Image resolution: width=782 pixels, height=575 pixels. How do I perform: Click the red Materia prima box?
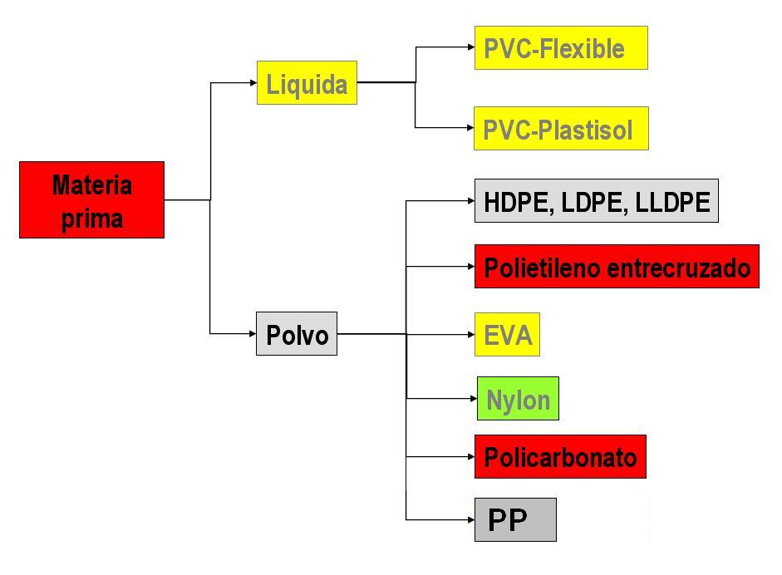coord(91,200)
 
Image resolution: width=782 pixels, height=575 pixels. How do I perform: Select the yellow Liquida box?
coord(307,82)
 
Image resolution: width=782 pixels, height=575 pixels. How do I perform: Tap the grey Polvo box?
coord(297,334)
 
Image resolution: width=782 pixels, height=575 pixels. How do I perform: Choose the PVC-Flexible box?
coord(560,48)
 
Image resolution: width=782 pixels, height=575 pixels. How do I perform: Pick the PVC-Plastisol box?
coord(561,129)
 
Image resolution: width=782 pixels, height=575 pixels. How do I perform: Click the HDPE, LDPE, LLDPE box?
coord(596,201)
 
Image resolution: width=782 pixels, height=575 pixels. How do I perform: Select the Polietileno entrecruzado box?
coord(617,267)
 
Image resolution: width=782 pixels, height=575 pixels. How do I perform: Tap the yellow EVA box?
coord(507,335)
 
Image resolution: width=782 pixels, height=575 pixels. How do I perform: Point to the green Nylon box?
coord(518,399)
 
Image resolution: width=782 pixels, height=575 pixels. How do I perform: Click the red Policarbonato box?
coord(559,457)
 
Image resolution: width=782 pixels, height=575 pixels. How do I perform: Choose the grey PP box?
coord(515,520)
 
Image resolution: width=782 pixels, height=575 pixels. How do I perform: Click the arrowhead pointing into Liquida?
coord(253,82)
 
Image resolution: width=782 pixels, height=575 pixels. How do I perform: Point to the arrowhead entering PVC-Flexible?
coord(470,48)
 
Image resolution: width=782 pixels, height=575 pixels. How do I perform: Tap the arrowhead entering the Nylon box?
coord(472,399)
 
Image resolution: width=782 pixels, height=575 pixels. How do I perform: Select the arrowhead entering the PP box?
coord(470,520)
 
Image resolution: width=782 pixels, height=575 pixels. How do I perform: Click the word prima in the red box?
coord(92,219)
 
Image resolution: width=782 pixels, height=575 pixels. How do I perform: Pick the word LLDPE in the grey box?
coord(674,202)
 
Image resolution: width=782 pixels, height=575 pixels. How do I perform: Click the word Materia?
coord(91,184)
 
